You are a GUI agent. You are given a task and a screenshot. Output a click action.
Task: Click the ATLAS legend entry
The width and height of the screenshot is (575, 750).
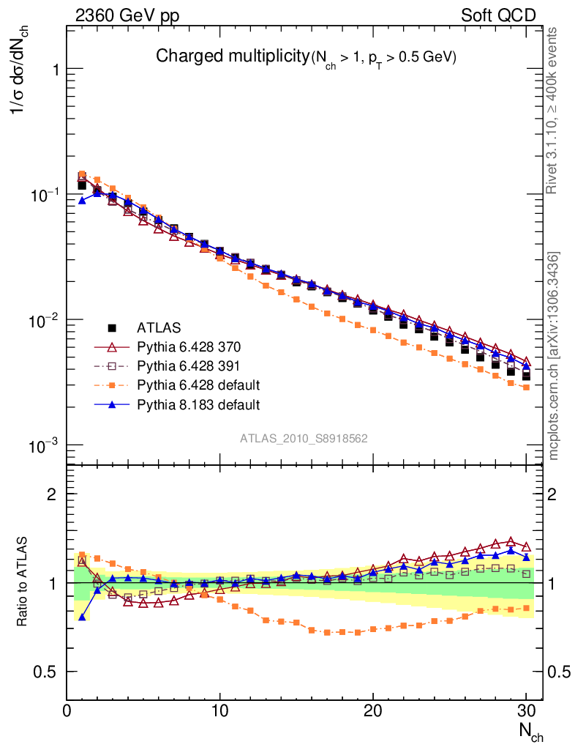click(159, 327)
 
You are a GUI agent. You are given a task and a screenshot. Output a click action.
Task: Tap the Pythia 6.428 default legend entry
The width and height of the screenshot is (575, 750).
click(198, 385)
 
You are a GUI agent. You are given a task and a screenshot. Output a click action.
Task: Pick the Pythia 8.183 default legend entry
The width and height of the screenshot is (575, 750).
click(198, 404)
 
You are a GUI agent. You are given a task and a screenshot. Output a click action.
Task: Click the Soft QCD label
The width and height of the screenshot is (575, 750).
click(498, 15)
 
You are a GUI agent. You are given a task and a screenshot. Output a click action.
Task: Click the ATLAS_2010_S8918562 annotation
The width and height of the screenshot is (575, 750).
click(304, 438)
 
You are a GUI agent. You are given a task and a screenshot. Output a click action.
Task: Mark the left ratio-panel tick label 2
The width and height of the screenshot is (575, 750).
click(52, 494)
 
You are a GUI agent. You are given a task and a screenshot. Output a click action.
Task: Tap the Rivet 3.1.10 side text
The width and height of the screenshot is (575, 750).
click(553, 111)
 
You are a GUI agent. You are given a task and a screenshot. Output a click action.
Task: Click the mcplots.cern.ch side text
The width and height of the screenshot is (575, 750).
click(553, 356)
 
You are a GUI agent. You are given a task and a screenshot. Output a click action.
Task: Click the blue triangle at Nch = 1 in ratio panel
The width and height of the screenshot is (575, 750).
click(82, 617)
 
